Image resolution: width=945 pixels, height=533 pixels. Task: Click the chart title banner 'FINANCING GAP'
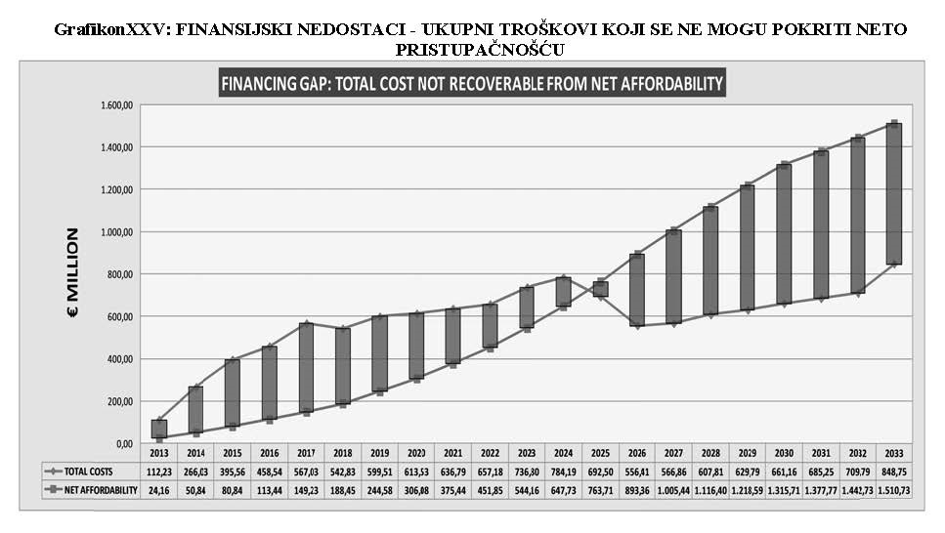coord(472,83)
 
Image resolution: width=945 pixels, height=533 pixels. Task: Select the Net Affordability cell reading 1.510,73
coord(893,490)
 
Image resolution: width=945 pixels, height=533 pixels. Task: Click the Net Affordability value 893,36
coord(636,490)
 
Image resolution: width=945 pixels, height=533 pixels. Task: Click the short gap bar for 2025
coord(600,289)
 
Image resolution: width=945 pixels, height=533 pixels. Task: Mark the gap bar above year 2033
coord(894,193)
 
